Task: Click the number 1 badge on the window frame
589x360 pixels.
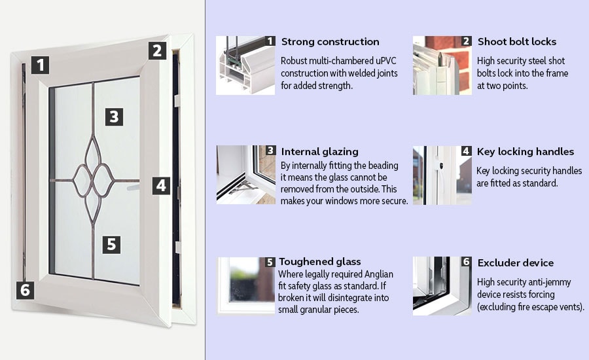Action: pyautogui.click(x=41, y=65)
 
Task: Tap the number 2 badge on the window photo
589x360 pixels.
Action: pyautogui.click(x=156, y=50)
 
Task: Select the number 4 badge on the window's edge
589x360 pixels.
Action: pyautogui.click(x=161, y=185)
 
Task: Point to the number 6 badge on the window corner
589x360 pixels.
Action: pyautogui.click(x=25, y=289)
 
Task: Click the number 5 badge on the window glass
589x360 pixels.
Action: pyautogui.click(x=111, y=244)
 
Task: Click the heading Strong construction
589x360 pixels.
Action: pyautogui.click(x=330, y=42)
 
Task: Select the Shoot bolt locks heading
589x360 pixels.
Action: pyautogui.click(x=516, y=42)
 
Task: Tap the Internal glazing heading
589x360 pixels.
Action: pyautogui.click(x=319, y=152)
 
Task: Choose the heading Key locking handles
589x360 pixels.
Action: pyautogui.click(x=526, y=152)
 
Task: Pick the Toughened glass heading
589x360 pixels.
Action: pyautogui.click(x=320, y=262)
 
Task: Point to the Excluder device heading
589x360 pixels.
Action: pyautogui.click(x=516, y=262)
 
